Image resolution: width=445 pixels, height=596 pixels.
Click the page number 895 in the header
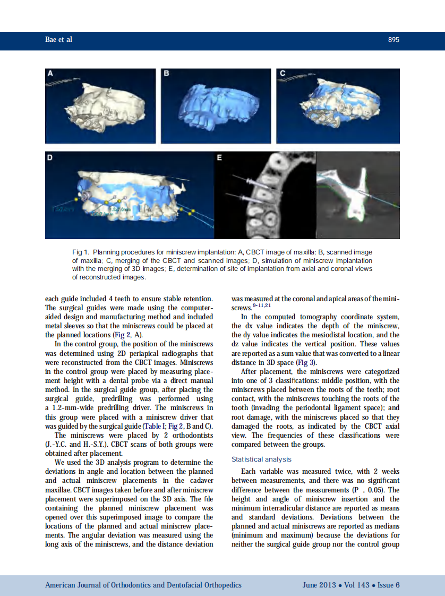pyautogui.click(x=393, y=40)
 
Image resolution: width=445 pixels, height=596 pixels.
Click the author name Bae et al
pyautogui.click(x=58, y=40)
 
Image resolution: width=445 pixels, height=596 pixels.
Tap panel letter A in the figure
pyautogui.click(x=51, y=73)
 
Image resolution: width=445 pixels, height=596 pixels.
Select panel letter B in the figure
pyautogui.click(x=166, y=73)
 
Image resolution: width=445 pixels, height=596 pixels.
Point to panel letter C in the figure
pyautogui.click(x=282, y=73)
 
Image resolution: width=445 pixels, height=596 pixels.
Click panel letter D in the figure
pyautogui.click(x=51, y=158)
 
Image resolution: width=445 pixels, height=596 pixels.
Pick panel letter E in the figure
pyautogui.click(x=219, y=158)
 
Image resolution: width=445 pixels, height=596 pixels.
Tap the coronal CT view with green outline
pyautogui.click(x=357, y=195)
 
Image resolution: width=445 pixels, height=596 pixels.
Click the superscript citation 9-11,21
pyautogui.click(x=262, y=306)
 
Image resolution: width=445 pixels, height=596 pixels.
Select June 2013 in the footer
pyautogui.click(x=319, y=585)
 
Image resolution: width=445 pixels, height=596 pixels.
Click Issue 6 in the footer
pyautogui.click(x=388, y=585)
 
